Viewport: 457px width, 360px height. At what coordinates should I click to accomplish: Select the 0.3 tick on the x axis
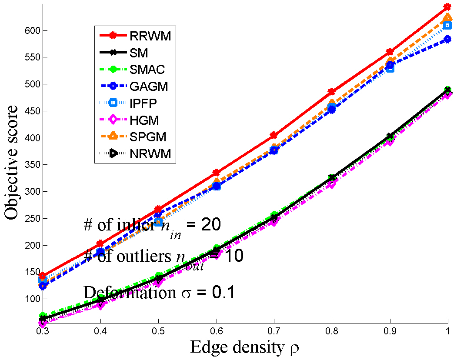pyautogui.click(x=42, y=331)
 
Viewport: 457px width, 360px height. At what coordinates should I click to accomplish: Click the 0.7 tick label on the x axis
pyautogui.click(x=274, y=331)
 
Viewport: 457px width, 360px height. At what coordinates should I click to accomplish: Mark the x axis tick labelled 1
pyautogui.click(x=447, y=331)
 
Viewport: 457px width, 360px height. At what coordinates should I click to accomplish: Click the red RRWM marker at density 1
pyautogui.click(x=447, y=7)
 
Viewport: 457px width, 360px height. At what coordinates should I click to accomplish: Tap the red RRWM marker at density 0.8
pyautogui.click(x=332, y=92)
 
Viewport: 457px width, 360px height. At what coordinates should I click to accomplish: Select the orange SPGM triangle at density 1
pyautogui.click(x=447, y=18)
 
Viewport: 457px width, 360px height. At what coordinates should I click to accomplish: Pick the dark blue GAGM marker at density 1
pyautogui.click(x=447, y=39)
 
